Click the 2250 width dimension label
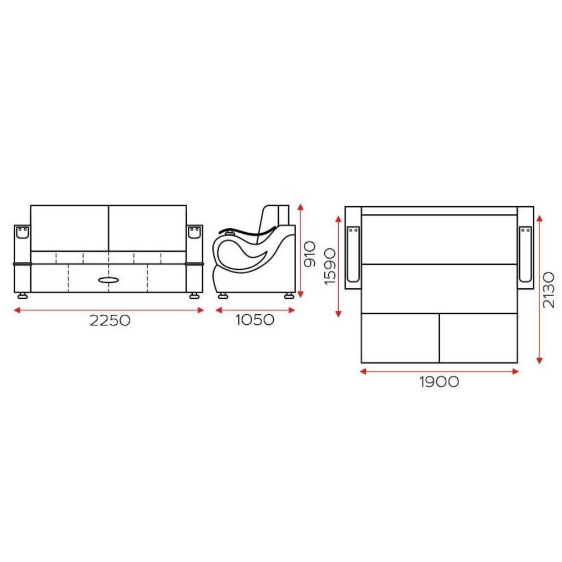[110, 320]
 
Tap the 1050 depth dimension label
[255, 320]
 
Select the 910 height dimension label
[309, 254]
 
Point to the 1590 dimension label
[330, 266]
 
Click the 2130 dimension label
[549, 290]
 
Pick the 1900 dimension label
[439, 382]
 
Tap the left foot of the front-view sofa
[22, 296]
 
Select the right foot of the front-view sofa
[194, 296]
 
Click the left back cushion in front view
[70, 228]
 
